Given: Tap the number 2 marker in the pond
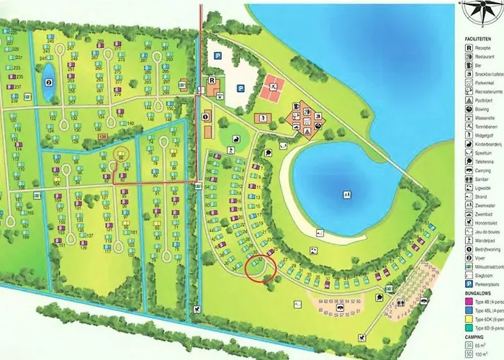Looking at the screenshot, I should tap(49, 82).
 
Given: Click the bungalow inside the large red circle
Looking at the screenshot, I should tap(260, 268).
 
